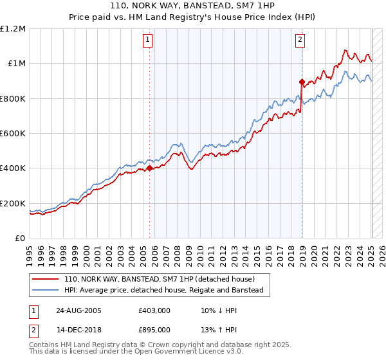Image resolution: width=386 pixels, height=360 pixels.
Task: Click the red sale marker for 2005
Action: point(150,168)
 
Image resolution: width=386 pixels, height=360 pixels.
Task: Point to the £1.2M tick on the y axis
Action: point(13,29)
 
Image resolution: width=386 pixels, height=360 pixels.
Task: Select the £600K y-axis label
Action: point(13,134)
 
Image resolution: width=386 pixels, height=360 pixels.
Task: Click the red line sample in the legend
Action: point(46,279)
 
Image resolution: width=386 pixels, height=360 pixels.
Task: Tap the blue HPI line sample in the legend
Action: point(46,291)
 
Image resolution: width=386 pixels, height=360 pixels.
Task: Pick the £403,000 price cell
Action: point(154,310)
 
